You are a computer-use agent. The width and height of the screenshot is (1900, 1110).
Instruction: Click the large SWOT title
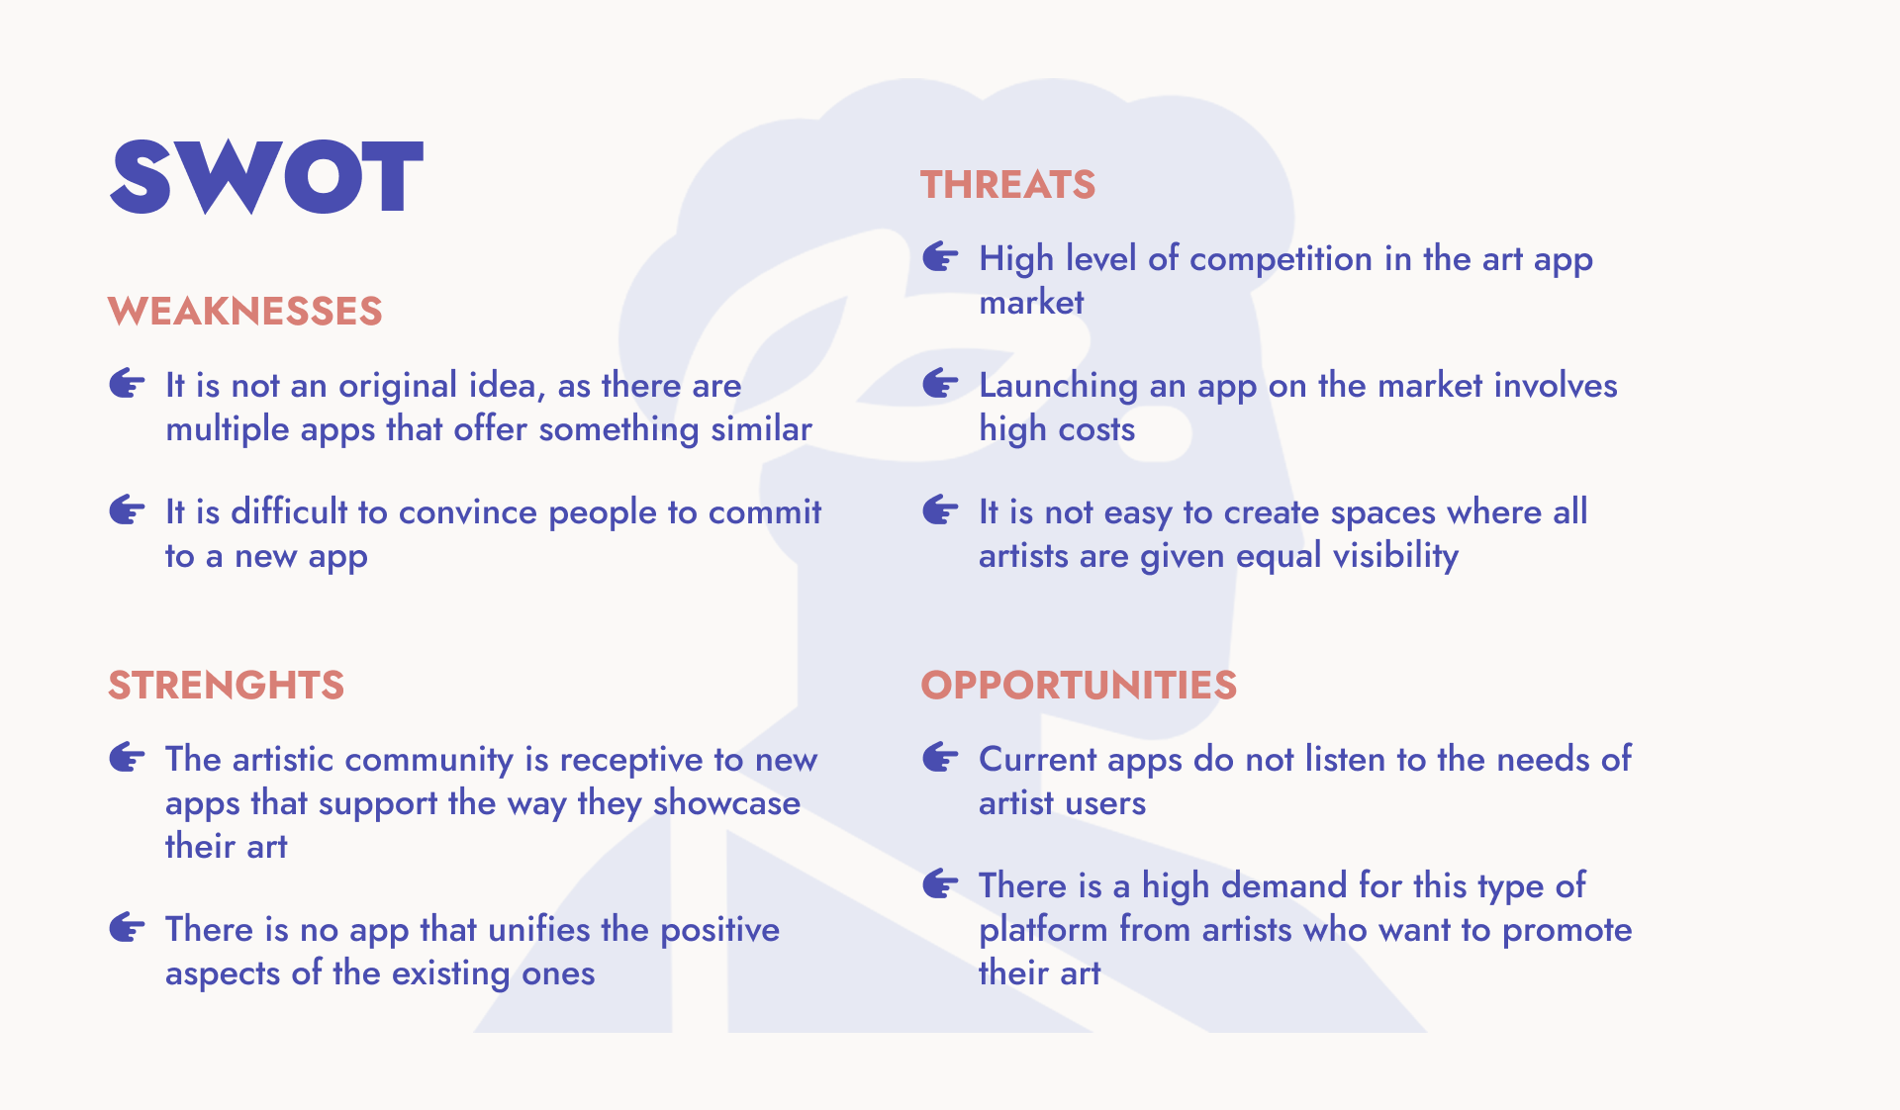266,176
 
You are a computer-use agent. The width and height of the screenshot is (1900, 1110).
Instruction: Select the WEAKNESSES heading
245,311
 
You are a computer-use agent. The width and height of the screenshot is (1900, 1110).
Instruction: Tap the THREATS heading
1007,185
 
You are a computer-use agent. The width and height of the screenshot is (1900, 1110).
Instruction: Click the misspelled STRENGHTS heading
226,685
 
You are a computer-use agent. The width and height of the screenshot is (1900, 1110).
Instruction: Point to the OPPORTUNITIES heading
1079,685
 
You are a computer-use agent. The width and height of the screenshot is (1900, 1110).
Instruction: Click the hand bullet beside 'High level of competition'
940,257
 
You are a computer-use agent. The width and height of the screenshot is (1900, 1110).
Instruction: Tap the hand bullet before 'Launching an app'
940,384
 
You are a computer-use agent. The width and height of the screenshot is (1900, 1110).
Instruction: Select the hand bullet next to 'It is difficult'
127,510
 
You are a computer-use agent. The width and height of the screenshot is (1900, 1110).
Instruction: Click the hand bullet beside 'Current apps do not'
940,758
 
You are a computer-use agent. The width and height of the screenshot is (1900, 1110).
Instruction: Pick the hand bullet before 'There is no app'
127,928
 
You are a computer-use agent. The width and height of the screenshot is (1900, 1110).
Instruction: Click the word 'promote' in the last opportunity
1567,931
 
